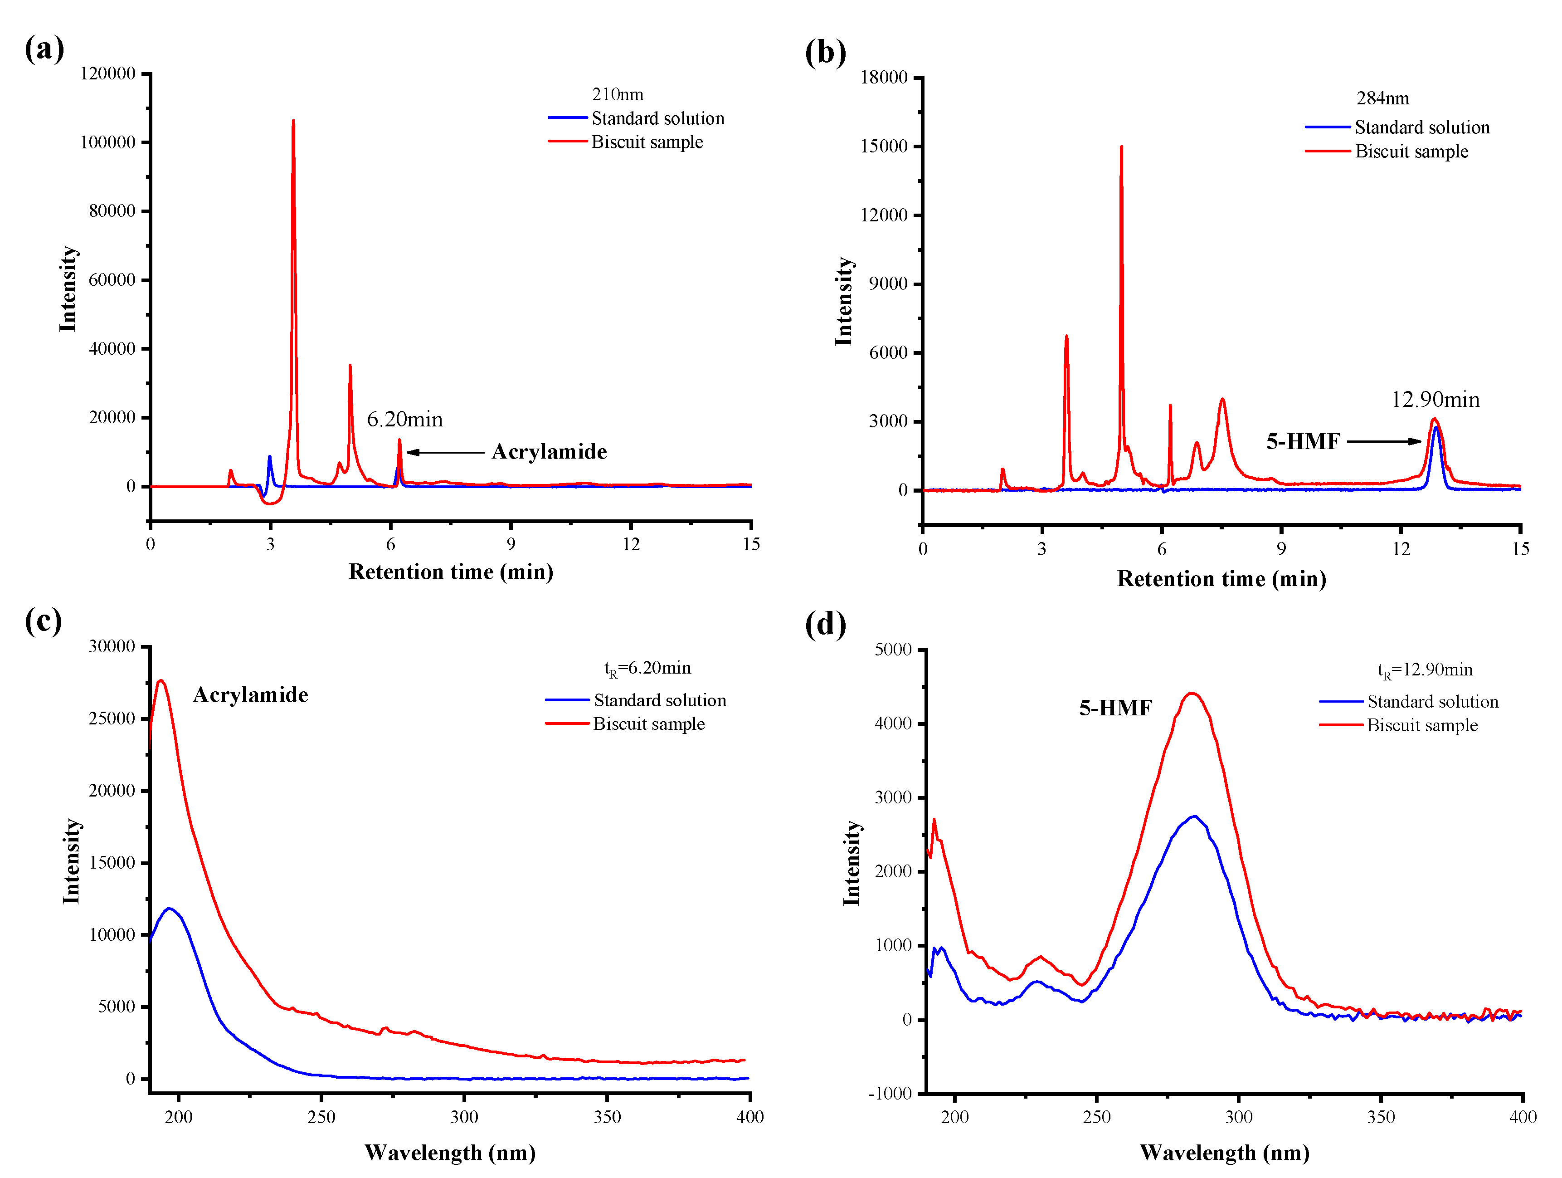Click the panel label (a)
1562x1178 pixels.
tap(44, 49)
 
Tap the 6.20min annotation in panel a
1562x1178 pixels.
tap(404, 420)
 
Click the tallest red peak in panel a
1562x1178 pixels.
tap(293, 122)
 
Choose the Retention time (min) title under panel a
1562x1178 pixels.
tap(451, 572)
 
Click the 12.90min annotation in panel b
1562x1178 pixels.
tap(1435, 400)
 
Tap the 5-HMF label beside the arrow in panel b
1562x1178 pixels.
tap(1303, 442)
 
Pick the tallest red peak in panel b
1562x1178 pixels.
tap(1121, 147)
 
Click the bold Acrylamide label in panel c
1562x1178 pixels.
tap(251, 695)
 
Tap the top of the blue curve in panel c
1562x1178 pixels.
tap(169, 909)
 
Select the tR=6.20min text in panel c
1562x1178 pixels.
tap(647, 668)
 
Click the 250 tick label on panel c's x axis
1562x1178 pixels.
tap(321, 1117)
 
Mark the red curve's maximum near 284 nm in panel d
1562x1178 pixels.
tap(1192, 694)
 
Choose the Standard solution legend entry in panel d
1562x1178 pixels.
tap(1432, 701)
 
